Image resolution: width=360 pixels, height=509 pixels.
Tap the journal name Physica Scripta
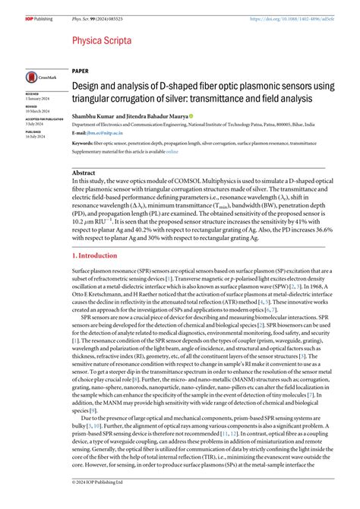[x=103, y=40]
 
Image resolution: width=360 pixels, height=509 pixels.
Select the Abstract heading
[x=84, y=173]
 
